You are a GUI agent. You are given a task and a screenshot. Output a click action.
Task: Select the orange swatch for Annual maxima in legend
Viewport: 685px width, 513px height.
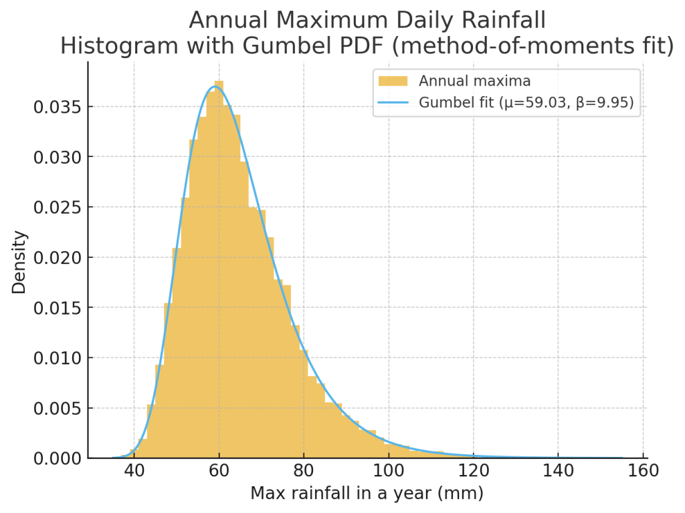click(393, 81)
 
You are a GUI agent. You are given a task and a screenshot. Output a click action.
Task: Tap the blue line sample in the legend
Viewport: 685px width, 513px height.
click(393, 103)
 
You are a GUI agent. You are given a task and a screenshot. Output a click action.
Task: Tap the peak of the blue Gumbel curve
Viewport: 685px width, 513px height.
click(215, 86)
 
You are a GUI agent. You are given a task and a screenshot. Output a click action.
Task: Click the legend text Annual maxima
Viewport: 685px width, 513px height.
click(475, 81)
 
